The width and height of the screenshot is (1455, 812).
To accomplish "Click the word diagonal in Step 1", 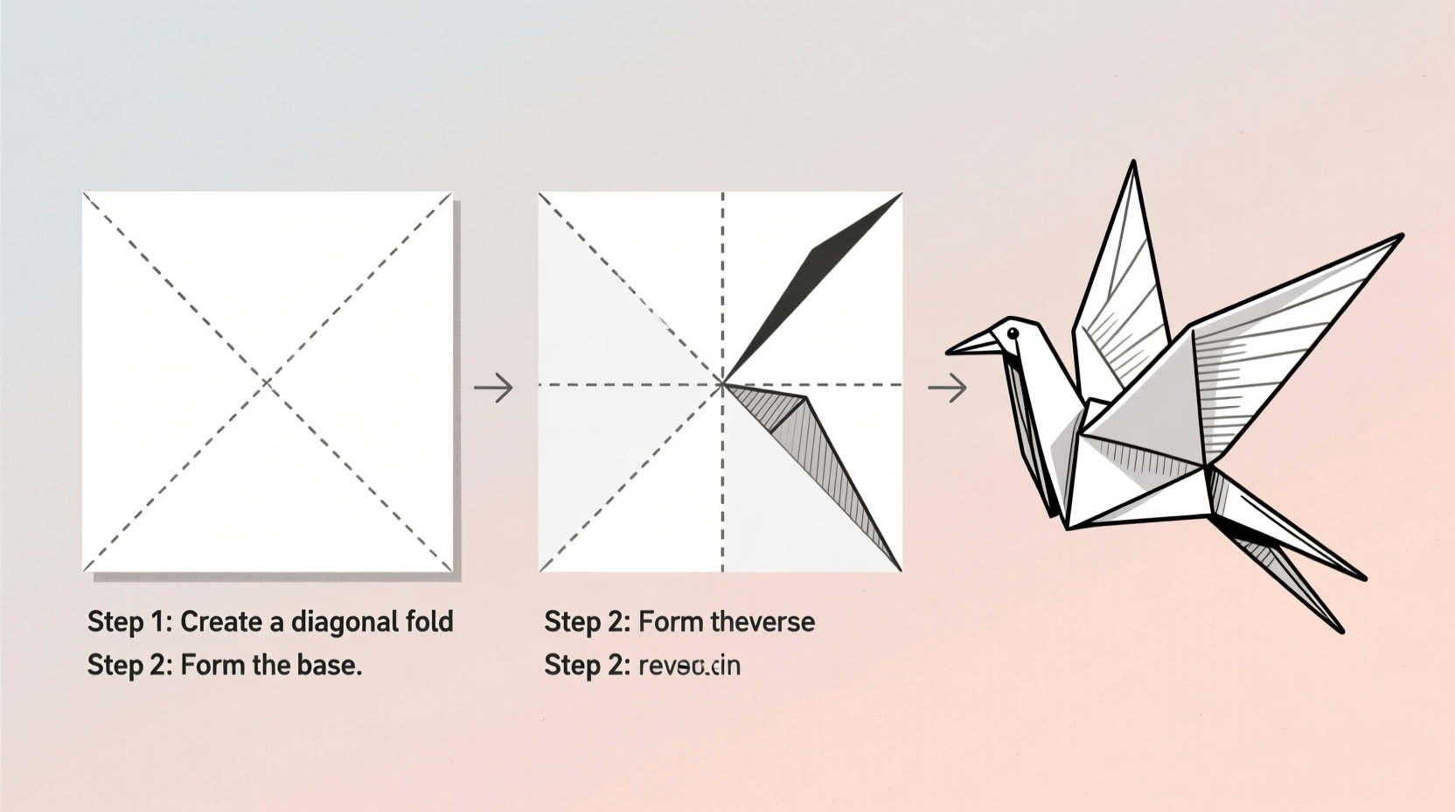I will point(345,622).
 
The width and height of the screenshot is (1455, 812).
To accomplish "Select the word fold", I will point(429,622).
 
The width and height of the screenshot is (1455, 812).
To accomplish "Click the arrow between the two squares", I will point(494,387).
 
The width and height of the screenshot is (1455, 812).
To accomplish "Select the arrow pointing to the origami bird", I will point(948,387).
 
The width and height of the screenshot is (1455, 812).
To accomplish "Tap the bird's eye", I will point(1013,333).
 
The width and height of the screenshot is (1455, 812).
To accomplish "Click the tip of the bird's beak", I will point(948,353).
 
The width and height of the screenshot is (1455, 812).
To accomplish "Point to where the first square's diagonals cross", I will point(268,382).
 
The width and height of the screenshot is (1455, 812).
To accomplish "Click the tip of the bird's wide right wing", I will point(1401,235).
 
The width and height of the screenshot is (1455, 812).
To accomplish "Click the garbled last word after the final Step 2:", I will point(689,666).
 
